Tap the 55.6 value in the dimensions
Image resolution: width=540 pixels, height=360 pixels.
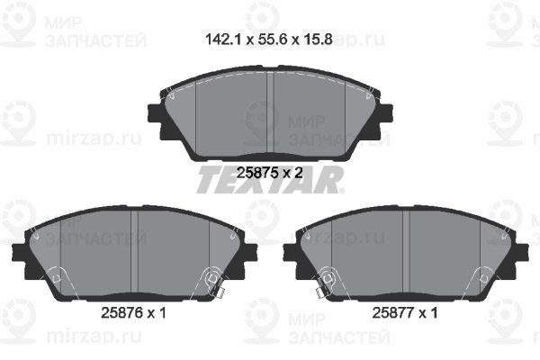coord(269,39)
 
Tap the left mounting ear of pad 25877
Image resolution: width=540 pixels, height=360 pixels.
coord(291,251)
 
